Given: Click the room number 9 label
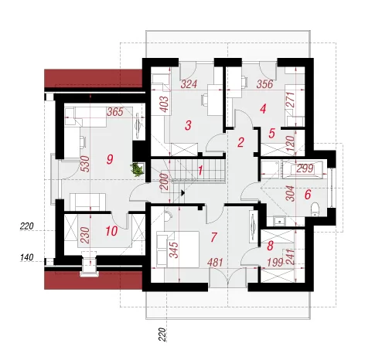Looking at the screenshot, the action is [x=110, y=159].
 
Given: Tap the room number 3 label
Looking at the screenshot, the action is [x=188, y=125].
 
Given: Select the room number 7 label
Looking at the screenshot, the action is [x=213, y=237].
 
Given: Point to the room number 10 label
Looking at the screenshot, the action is [x=111, y=231].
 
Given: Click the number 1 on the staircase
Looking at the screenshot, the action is [x=200, y=170].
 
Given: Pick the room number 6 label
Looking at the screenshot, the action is [x=308, y=195].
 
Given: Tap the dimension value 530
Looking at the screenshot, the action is [x=85, y=164].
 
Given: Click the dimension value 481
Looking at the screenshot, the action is [x=215, y=263].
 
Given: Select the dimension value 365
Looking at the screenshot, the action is [x=115, y=112].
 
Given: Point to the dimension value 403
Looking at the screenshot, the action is [x=164, y=104].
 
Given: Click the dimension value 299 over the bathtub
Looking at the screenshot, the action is [x=305, y=168].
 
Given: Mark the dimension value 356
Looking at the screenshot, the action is [x=264, y=84].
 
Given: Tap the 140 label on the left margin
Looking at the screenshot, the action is [x=27, y=257].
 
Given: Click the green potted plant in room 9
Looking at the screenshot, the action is [x=137, y=169].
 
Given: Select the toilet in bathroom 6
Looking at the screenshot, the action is [x=315, y=209].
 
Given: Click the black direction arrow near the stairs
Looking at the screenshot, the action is [x=182, y=192].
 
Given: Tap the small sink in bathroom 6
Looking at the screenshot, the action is [x=279, y=221].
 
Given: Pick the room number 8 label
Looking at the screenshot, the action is [x=270, y=246].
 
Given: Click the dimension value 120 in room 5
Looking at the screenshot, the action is [x=290, y=143].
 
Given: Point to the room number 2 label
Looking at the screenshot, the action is [x=240, y=142].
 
